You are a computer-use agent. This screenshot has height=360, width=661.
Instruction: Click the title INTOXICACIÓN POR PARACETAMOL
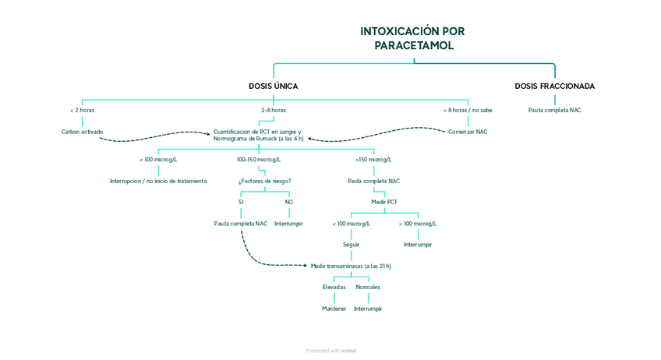click(x=412, y=38)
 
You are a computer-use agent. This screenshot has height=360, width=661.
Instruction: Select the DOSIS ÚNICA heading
click(x=273, y=86)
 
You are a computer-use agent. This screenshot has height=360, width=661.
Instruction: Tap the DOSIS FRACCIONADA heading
click(x=554, y=86)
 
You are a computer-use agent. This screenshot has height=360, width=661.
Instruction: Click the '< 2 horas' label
click(x=82, y=111)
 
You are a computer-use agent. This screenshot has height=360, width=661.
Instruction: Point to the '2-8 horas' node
click(x=273, y=111)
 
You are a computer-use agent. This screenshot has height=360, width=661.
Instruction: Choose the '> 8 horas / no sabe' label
click(x=468, y=111)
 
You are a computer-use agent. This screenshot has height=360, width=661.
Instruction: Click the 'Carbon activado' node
click(x=82, y=132)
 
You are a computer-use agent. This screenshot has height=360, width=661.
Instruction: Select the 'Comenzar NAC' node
click(x=468, y=132)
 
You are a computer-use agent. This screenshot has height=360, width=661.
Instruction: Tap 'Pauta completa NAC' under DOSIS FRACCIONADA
click(x=554, y=111)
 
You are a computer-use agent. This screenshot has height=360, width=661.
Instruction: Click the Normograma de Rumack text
click(x=258, y=139)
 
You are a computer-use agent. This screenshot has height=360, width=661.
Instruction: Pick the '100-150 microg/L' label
click(x=259, y=160)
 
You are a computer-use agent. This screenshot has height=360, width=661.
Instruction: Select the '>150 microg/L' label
click(x=373, y=160)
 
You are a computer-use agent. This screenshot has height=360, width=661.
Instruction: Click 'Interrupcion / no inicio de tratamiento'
click(x=158, y=181)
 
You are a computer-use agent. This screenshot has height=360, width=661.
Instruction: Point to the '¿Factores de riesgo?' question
click(x=264, y=181)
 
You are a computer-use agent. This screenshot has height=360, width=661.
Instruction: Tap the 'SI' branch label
click(x=241, y=202)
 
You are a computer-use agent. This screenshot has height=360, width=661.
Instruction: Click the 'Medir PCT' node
click(x=384, y=202)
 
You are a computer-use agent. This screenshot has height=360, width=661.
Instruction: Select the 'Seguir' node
click(x=351, y=245)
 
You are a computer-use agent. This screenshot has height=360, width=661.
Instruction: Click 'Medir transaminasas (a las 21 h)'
click(x=351, y=266)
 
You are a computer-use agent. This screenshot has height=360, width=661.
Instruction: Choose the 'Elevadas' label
click(x=334, y=287)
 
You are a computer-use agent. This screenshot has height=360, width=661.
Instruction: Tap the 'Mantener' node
click(x=334, y=309)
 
